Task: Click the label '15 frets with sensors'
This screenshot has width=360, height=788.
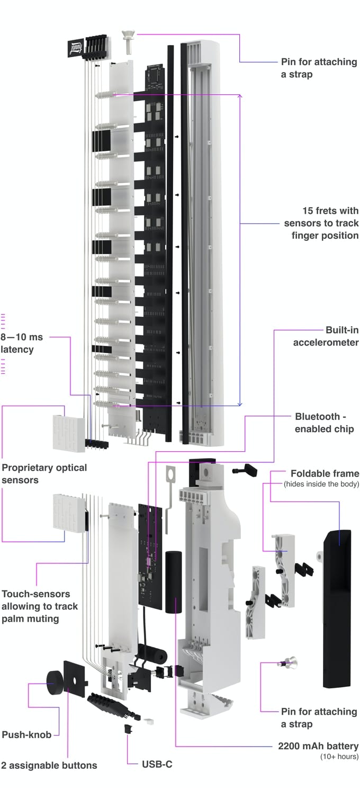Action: coord(321,223)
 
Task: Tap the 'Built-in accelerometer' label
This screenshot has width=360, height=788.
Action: coord(326,336)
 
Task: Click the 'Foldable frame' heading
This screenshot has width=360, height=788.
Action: coord(325,473)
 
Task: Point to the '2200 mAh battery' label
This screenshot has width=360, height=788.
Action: coord(318,746)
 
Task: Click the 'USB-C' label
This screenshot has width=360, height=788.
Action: coord(157,764)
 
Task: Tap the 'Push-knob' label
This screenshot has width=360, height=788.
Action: coord(26,735)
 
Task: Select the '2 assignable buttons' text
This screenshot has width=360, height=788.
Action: coord(49,765)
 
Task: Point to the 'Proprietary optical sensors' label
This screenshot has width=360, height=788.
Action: coord(44,474)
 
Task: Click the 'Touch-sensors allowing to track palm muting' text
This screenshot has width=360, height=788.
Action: coord(40,606)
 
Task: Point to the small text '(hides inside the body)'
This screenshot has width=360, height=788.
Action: coord(321,484)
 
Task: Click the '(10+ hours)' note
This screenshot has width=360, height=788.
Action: coord(339,757)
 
